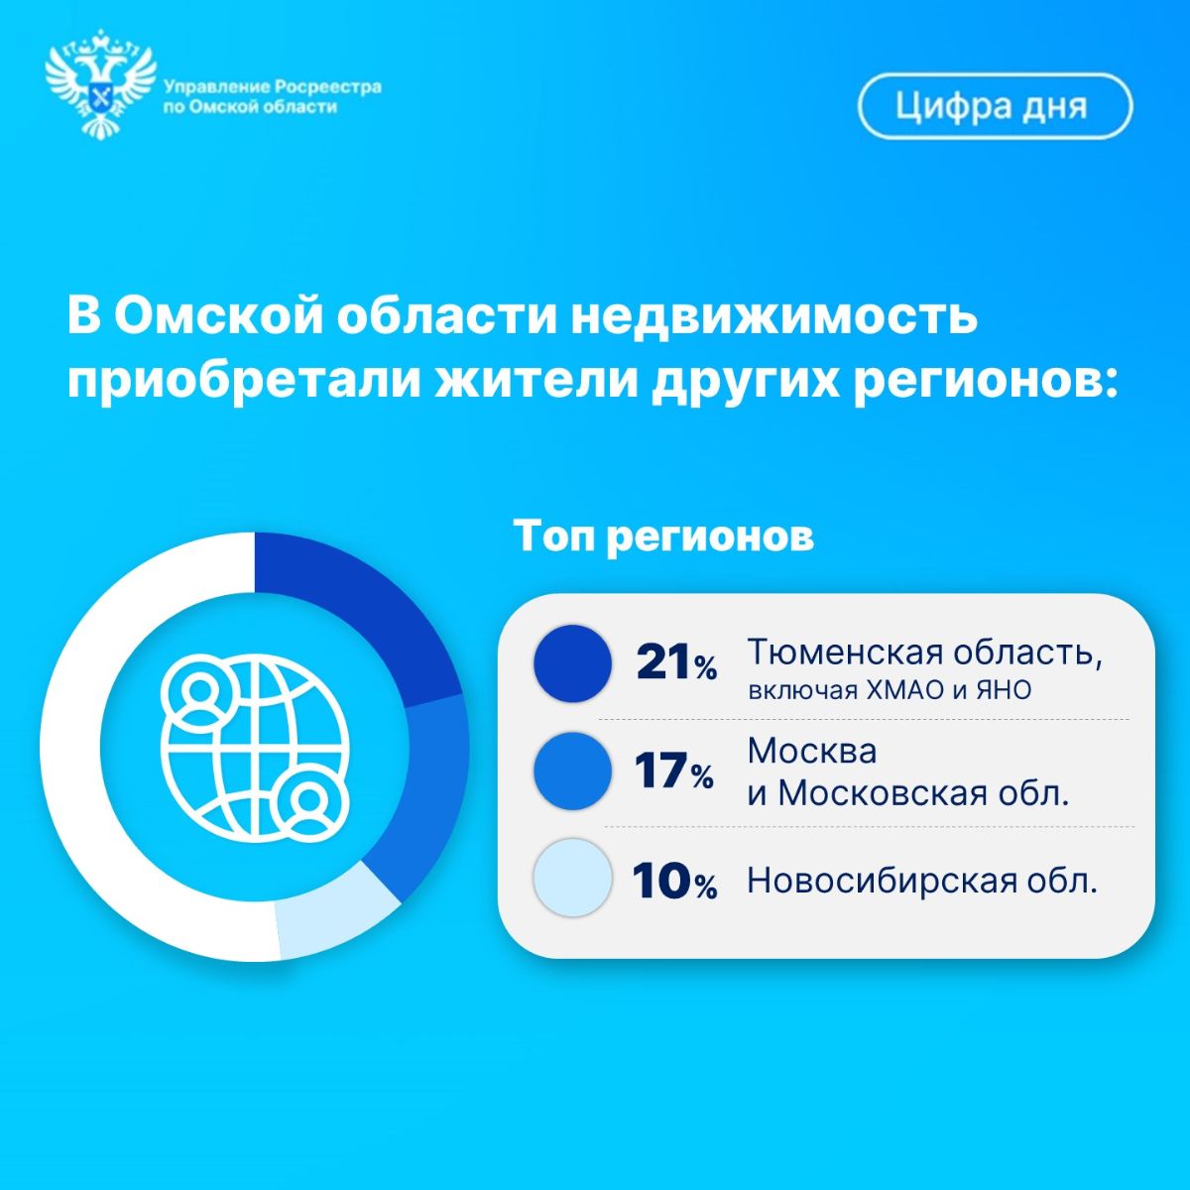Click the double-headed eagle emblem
tap(101, 85)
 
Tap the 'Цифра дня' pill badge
tap(995, 106)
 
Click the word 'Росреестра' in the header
tap(327, 87)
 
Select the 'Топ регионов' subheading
tap(663, 536)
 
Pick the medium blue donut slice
tap(419, 796)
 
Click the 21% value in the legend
tap(677, 663)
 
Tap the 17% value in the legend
tap(674, 772)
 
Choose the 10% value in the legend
tap(675, 881)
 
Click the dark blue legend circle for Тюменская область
tap(572, 663)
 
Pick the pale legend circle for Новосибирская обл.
tap(572, 878)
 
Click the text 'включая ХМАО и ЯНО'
tap(890, 691)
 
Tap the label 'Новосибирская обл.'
tap(922, 880)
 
